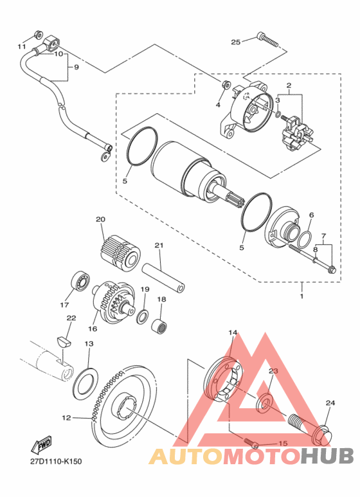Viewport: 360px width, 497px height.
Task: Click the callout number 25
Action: tap(235, 42)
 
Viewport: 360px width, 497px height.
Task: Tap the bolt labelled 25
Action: tap(268, 40)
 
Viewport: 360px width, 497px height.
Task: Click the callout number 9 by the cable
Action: tap(76, 68)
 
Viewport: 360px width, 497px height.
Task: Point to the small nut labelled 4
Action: tap(226, 85)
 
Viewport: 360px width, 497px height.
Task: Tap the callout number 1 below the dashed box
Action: tap(301, 296)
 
